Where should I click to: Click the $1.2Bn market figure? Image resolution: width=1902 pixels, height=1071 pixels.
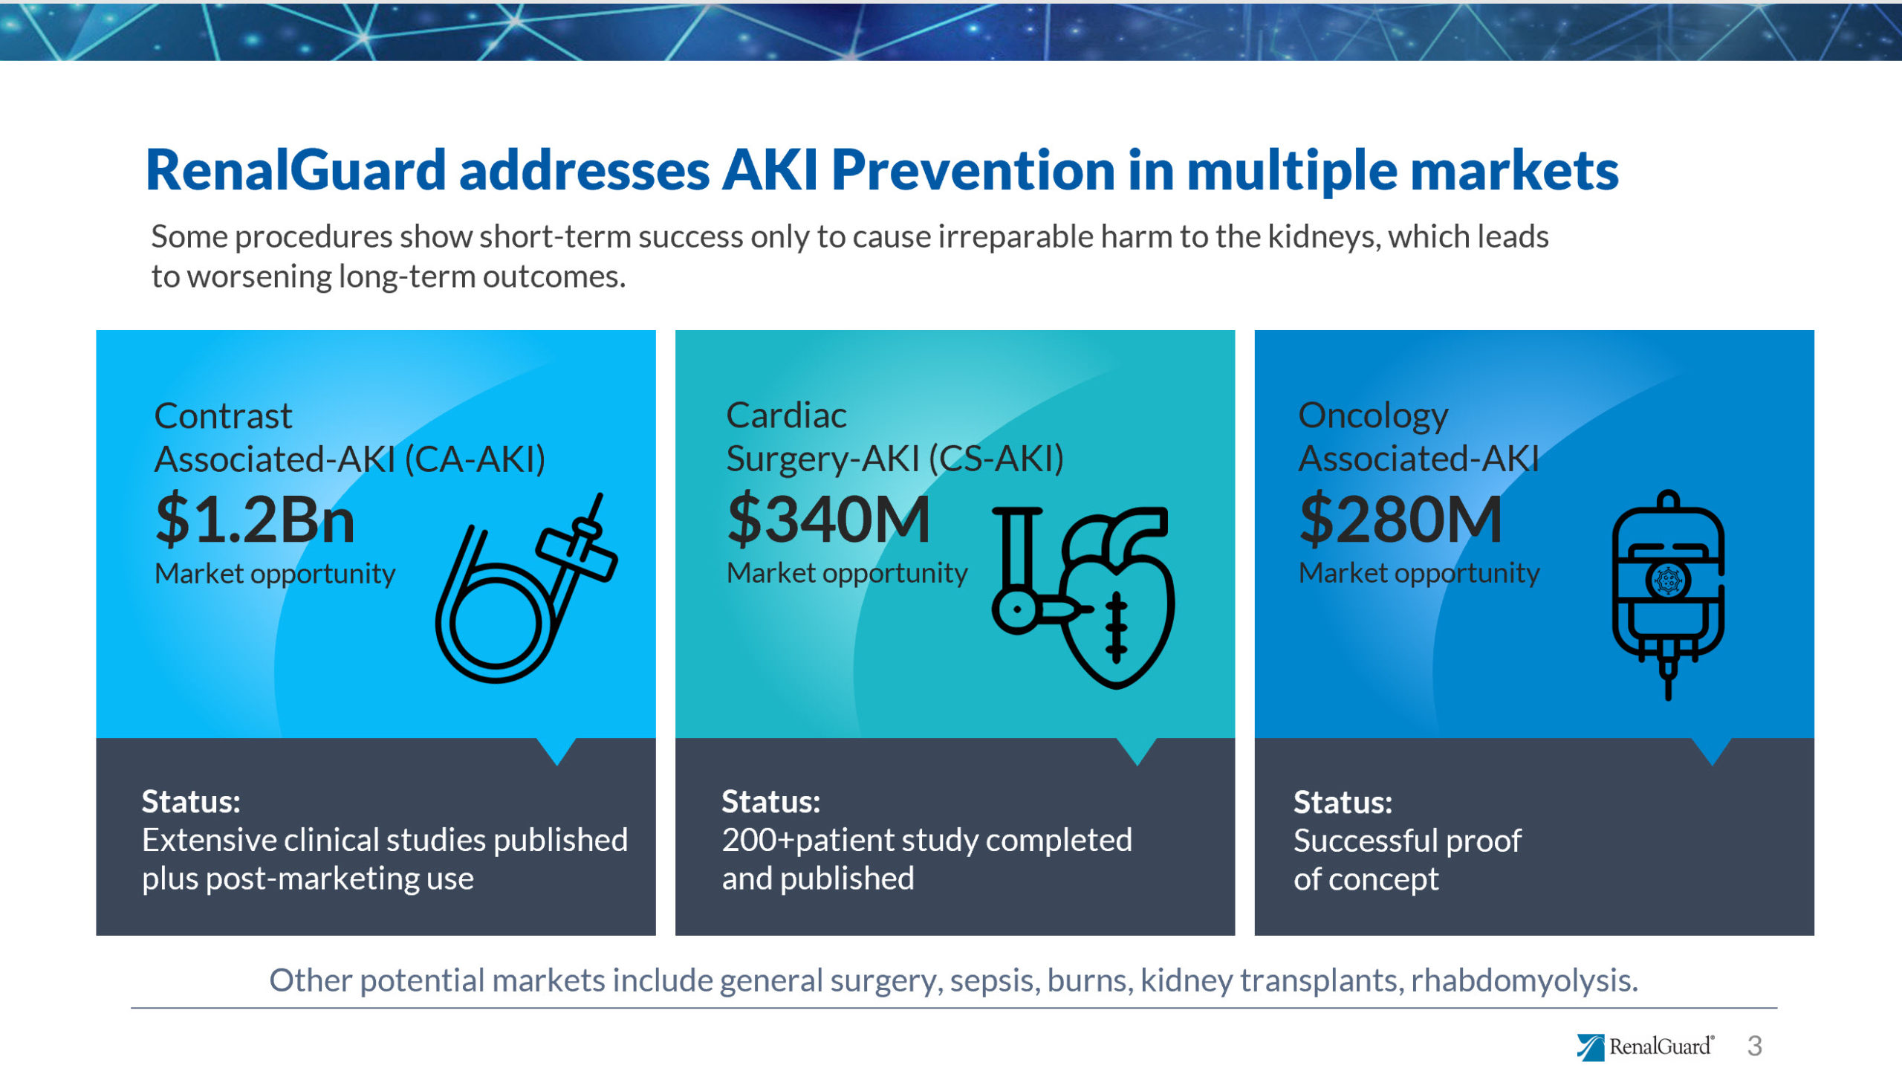[x=255, y=520]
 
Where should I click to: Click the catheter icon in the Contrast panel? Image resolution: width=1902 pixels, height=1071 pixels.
[x=527, y=587]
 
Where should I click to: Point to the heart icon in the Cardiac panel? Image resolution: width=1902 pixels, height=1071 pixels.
[x=1084, y=597]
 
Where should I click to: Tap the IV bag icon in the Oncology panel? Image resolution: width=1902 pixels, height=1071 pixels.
[x=1668, y=595]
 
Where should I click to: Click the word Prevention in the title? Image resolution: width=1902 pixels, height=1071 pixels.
[x=973, y=170]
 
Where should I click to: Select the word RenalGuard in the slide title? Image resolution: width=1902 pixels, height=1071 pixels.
[x=296, y=170]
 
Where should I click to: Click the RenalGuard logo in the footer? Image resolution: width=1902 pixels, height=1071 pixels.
[x=1645, y=1046]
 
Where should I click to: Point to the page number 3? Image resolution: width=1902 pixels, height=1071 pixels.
[x=1755, y=1046]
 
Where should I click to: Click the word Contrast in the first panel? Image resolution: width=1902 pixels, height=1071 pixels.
[x=223, y=415]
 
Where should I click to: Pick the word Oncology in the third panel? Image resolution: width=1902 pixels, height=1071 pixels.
[x=1373, y=416]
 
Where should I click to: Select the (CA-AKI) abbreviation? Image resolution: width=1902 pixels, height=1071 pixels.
[x=475, y=459]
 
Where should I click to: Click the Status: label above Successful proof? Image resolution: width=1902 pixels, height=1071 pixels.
[x=1343, y=803]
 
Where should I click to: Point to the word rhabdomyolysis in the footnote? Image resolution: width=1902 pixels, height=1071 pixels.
[x=1524, y=981]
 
